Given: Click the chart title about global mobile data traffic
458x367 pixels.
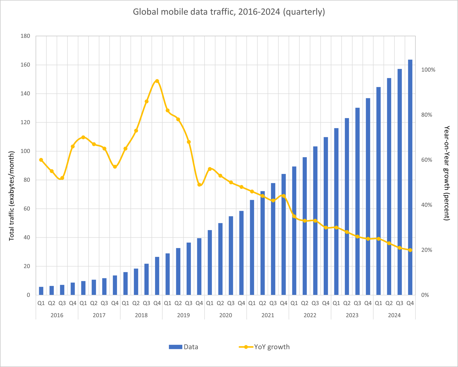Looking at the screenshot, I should (229, 12).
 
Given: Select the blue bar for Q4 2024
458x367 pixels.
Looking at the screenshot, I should (410, 177).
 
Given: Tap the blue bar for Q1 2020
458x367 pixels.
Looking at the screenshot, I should (210, 262).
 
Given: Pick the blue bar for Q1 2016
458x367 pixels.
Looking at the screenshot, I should (41, 291).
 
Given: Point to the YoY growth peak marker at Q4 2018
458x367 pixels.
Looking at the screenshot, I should (157, 81).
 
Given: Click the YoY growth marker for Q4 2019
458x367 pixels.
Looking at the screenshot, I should (199, 185).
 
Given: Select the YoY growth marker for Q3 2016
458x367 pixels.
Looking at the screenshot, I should (62, 178).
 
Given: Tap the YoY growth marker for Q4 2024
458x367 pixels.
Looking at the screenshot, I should (410, 250).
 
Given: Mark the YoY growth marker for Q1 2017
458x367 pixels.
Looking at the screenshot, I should (83, 137).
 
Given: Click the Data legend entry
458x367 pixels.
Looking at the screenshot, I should (184, 347).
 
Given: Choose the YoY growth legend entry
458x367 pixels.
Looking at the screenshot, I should (264, 347).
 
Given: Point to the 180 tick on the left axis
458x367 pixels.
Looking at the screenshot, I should (25, 36).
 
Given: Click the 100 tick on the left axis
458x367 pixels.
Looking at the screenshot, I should (25, 151).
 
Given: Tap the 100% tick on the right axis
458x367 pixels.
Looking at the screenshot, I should (428, 70).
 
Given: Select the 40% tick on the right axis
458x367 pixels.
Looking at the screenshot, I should (427, 205).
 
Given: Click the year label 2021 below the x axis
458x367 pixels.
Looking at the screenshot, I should (268, 315).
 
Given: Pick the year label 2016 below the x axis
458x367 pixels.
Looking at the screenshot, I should (57, 315).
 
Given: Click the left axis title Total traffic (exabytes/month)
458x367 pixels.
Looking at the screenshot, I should (12, 196).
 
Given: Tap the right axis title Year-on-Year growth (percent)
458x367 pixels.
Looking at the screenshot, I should (447, 173).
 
